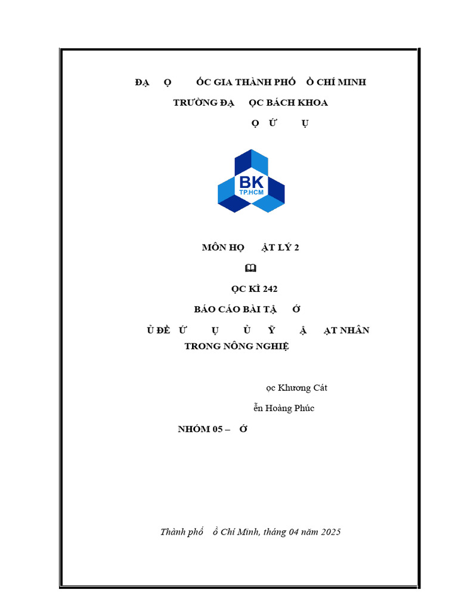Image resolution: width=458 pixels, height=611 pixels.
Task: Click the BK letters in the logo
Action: [x=250, y=182]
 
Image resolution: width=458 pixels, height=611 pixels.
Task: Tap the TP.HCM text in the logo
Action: [x=251, y=192]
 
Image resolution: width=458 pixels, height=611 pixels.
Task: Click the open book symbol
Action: [x=250, y=268]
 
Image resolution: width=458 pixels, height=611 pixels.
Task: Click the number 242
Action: [x=270, y=289]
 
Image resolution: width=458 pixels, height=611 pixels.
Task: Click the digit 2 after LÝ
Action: [x=296, y=248]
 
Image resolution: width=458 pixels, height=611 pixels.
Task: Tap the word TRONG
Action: [x=203, y=346]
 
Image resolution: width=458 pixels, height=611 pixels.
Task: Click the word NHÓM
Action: [x=194, y=429]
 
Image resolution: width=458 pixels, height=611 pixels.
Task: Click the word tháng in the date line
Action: [x=274, y=532]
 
